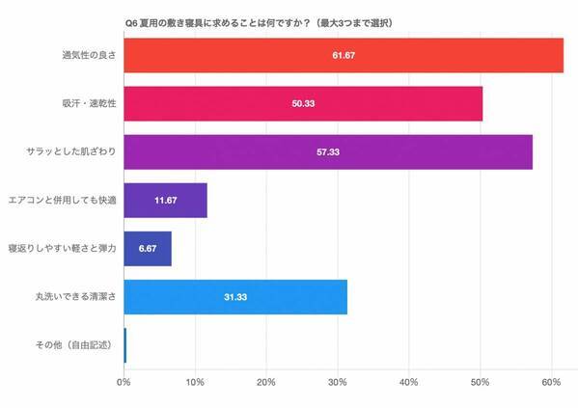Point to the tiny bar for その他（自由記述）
pos(125,345)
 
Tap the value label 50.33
pos(303,103)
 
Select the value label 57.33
pos(328,152)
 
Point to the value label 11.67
pos(166,201)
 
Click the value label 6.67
pos(148,249)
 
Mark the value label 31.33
pos(234,297)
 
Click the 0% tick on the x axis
pos(124,383)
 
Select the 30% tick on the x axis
pos(338,383)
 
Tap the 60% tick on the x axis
pos(551,383)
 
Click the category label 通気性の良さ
pos(90,55)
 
